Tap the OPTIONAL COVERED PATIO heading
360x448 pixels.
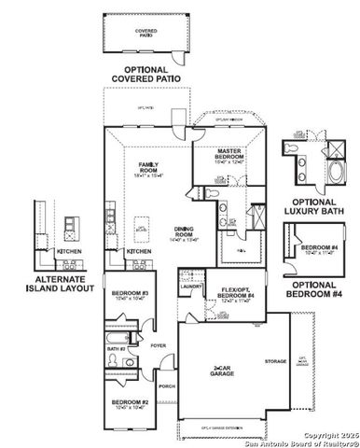[145, 75]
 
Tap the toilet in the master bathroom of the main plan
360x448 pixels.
[214, 194]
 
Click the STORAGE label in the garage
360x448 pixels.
[274, 360]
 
